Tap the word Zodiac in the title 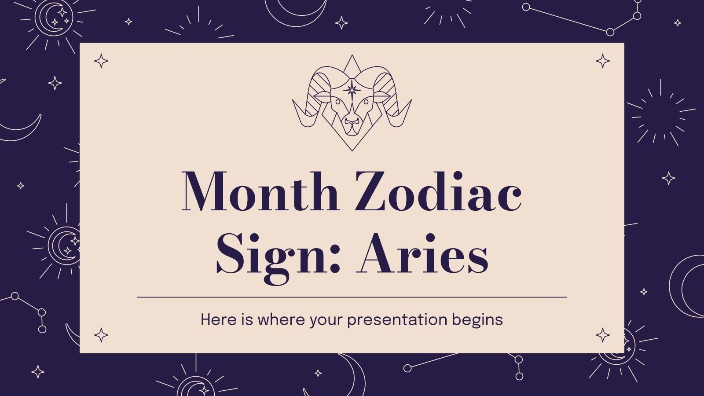click(438, 192)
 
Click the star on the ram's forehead click(352, 90)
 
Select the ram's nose click(352, 121)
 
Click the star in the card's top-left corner click(101, 61)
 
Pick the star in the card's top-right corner click(603, 61)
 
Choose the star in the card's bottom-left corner click(101, 335)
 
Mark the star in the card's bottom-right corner click(603, 335)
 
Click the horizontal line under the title click(352, 297)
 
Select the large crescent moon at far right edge click(686, 286)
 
